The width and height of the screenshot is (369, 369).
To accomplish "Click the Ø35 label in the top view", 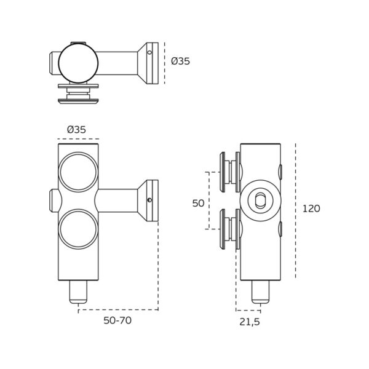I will pyautogui.click(x=181, y=61).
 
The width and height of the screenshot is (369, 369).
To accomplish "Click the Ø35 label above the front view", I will pyautogui.click(x=76, y=130).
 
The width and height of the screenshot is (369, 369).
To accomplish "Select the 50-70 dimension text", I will pyautogui.click(x=117, y=320).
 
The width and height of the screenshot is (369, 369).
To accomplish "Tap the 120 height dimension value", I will pyautogui.click(x=311, y=208).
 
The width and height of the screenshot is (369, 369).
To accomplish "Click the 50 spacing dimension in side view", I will pyautogui.click(x=198, y=203).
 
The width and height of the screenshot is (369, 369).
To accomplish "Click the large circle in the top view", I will pyautogui.click(x=78, y=63).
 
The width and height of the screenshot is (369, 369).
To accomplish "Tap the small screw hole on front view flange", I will pyautogui.click(x=149, y=200).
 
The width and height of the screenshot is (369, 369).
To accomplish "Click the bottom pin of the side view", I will pyautogui.click(x=261, y=292).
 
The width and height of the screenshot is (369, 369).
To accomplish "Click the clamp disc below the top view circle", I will pyautogui.click(x=78, y=93).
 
